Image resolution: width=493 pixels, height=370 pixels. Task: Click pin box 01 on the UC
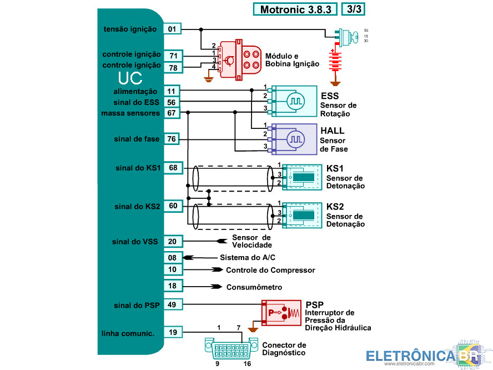172,29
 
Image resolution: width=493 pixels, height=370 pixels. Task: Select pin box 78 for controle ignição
173,68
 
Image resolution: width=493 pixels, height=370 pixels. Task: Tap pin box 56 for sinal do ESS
172,102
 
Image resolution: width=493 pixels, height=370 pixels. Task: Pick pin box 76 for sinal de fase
172,139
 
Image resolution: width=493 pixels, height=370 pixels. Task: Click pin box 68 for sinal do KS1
173,168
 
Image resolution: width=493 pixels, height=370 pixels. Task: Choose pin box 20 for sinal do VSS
173,241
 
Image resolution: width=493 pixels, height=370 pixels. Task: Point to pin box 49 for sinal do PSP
172,304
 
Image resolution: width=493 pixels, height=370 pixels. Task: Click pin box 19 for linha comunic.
173,332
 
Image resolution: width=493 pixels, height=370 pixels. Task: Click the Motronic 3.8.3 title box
295,9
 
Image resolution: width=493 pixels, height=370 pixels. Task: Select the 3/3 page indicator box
354,9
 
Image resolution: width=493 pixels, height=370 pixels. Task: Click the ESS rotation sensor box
294,101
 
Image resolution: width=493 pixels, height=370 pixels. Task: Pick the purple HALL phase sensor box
294,139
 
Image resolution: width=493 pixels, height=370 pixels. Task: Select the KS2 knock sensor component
301,215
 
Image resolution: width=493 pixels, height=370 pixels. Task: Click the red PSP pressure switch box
281,313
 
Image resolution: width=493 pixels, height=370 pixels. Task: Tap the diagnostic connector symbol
231,348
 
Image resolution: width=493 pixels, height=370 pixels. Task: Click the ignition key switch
347,37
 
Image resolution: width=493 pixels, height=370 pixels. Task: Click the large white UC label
130,78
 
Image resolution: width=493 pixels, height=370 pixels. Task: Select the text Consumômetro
254,287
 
